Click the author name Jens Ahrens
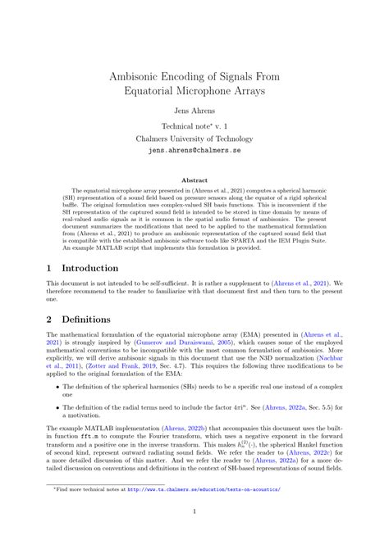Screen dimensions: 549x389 coord(194,109)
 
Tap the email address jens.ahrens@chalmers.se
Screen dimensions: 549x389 coord(194,152)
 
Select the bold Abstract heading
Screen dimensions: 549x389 coord(194,179)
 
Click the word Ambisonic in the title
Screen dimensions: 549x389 coord(145,74)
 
